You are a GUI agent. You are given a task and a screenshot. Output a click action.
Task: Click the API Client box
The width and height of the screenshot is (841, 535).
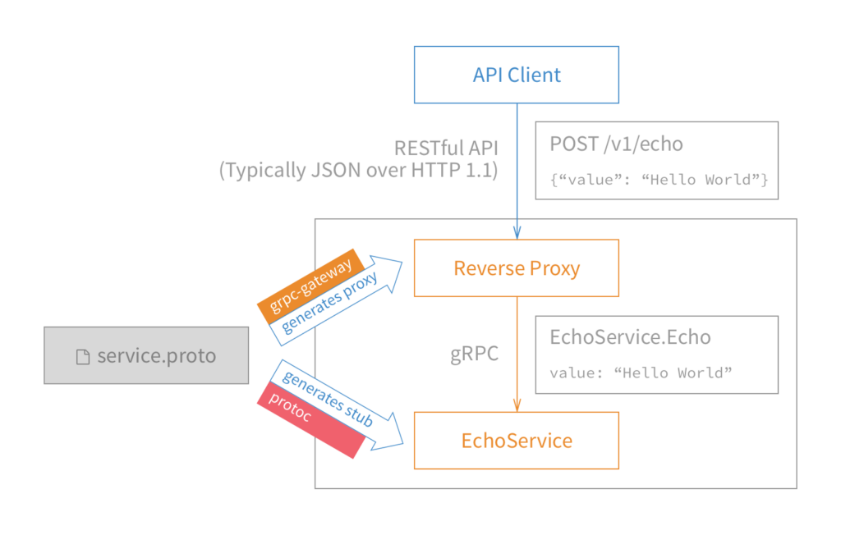click(x=517, y=75)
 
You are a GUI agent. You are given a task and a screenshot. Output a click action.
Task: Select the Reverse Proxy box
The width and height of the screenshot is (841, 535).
click(x=517, y=268)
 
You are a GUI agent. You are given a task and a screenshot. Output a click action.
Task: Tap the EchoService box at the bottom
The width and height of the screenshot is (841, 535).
click(x=517, y=441)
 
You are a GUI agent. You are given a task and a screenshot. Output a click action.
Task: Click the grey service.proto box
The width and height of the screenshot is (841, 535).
click(x=146, y=355)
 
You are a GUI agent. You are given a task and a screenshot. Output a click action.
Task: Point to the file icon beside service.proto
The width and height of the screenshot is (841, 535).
click(x=82, y=356)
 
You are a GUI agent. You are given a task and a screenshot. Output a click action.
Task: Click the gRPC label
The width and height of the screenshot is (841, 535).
click(x=474, y=354)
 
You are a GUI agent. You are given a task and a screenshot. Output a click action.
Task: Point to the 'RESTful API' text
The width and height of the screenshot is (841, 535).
click(x=446, y=148)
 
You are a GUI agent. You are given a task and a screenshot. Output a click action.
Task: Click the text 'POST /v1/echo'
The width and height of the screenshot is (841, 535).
click(x=616, y=144)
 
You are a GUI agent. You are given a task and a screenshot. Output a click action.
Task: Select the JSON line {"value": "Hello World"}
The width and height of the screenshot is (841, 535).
click(x=659, y=180)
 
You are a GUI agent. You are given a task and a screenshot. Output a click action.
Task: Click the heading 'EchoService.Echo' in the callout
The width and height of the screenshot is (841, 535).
click(x=630, y=337)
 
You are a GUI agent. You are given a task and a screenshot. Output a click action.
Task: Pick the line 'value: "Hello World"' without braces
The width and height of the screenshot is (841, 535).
click(x=640, y=373)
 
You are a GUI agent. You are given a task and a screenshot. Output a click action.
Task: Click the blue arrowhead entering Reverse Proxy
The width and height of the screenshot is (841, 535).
click(x=517, y=231)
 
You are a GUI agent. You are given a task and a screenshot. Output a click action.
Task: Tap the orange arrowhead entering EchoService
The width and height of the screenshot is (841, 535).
click(x=517, y=404)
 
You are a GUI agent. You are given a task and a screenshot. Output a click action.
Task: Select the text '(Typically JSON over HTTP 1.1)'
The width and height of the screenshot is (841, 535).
click(x=358, y=171)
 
